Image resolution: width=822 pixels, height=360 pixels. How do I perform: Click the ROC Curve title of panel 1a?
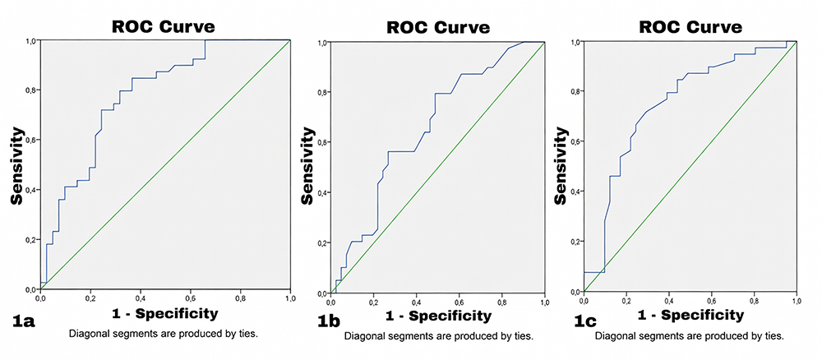164,26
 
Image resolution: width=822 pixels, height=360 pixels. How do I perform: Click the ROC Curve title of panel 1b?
438,28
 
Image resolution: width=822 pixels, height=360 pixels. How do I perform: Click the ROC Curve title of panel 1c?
690,27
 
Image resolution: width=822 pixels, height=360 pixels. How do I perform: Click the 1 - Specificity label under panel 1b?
438,316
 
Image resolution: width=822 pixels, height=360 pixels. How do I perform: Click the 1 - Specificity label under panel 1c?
690,315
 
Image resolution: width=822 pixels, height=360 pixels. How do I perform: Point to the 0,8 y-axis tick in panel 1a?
30,90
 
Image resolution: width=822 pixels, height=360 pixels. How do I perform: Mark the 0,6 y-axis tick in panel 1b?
322,143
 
